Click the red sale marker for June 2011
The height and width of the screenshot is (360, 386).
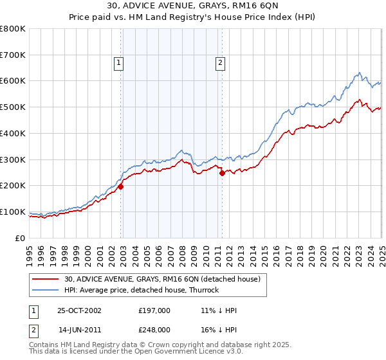[222, 173]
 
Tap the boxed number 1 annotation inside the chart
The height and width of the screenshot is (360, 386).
[120, 63]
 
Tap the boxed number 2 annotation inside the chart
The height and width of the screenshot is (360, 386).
[220, 63]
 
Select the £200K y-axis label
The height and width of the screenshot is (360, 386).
[13, 185]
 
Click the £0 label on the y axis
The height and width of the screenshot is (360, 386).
[21, 238]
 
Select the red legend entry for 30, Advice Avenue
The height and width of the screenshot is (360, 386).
[161, 279]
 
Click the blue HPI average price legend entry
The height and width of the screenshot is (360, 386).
[142, 290]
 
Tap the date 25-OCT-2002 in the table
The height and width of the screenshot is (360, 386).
[79, 310]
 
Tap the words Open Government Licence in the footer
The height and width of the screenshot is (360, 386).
[181, 353]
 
